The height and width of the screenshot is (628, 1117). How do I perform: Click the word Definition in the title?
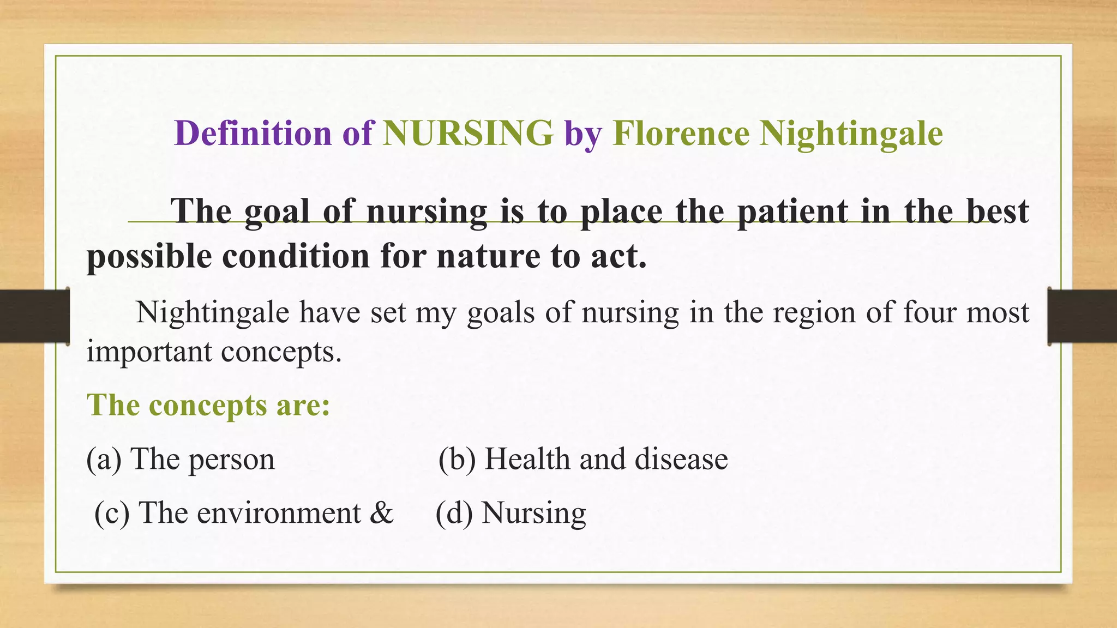tap(253, 133)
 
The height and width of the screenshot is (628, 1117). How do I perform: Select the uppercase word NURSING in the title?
tap(468, 133)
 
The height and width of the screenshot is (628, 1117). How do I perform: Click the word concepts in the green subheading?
tap(208, 406)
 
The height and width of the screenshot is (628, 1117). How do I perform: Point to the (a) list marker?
tap(104, 459)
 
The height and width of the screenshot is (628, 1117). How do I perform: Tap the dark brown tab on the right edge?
tap(1082, 316)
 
